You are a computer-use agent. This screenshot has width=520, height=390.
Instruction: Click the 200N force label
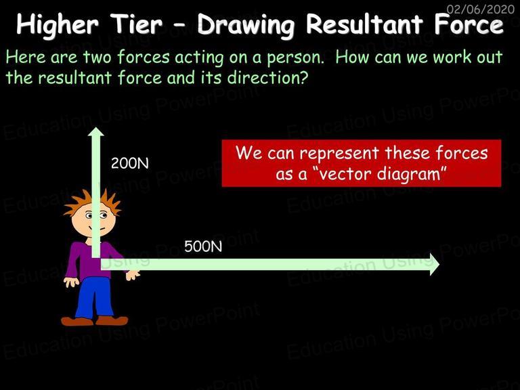point(130,163)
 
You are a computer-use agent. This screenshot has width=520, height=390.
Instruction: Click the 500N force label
point(203,246)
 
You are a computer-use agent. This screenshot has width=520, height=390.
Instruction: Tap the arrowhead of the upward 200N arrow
point(96,131)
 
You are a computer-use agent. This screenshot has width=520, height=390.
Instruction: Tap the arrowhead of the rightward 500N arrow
point(435,264)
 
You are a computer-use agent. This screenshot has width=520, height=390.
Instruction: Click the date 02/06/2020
point(481,9)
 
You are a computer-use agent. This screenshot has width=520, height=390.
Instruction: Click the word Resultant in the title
point(364,24)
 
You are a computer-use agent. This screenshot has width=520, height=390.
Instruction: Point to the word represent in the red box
point(339,154)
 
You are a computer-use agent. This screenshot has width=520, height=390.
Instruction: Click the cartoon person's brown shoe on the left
point(77,321)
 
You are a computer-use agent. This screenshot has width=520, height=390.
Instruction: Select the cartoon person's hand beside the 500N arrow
point(133,275)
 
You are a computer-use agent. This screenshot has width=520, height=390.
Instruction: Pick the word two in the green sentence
point(97,58)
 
